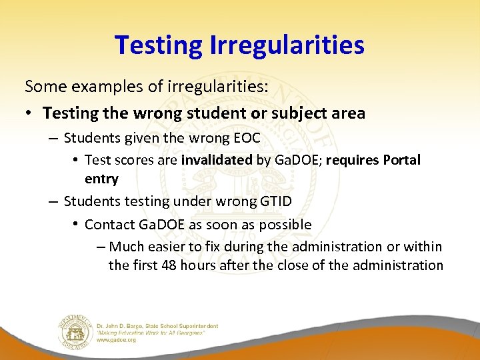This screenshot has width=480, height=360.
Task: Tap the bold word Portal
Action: click(x=399, y=161)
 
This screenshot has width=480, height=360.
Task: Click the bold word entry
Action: click(x=101, y=179)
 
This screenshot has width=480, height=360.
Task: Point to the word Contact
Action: click(x=110, y=224)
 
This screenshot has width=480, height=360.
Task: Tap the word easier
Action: click(x=171, y=247)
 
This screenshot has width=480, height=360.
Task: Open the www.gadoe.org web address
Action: click(x=117, y=340)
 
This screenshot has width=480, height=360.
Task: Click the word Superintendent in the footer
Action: click(x=199, y=326)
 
